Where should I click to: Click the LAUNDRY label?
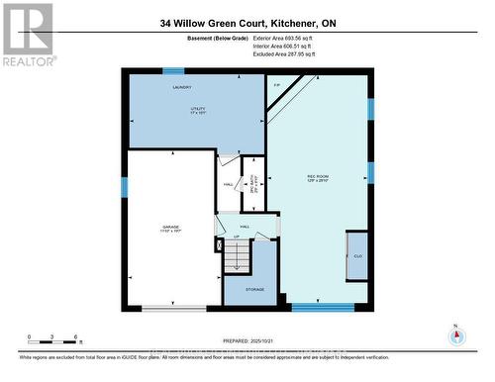(181, 89)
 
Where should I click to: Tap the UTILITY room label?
(181, 110)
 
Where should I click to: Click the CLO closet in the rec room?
(356, 255)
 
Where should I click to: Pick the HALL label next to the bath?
(228, 185)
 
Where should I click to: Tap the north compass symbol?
(455, 336)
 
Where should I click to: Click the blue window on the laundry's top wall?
(174, 70)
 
